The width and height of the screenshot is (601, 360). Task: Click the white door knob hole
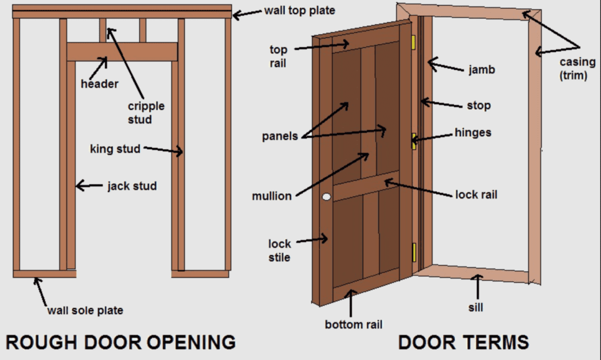(x=326, y=197)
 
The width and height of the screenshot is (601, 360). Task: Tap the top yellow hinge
(x=414, y=42)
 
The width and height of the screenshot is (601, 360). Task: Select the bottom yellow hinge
(x=414, y=253)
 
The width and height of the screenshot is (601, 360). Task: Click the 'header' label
(x=100, y=83)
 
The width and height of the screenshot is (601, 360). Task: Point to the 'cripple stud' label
(x=146, y=112)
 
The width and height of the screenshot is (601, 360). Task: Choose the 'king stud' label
(x=116, y=149)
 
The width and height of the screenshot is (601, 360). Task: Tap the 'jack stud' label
(x=132, y=186)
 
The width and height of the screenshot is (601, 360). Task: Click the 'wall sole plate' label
(x=85, y=310)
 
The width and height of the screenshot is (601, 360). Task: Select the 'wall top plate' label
(x=300, y=11)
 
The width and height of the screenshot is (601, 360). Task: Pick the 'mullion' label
(x=272, y=196)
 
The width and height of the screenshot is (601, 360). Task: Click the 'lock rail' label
(x=476, y=195)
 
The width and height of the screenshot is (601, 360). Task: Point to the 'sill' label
(x=475, y=307)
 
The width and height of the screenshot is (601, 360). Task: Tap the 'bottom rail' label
(x=353, y=324)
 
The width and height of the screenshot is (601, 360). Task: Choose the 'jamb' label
(x=482, y=70)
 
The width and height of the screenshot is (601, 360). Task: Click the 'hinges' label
(x=472, y=133)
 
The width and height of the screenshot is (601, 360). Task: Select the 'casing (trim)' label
(x=578, y=68)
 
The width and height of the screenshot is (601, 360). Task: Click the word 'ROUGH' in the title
(x=42, y=342)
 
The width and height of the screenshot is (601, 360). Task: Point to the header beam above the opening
(x=122, y=52)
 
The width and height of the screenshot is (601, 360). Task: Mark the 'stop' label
(x=479, y=106)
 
